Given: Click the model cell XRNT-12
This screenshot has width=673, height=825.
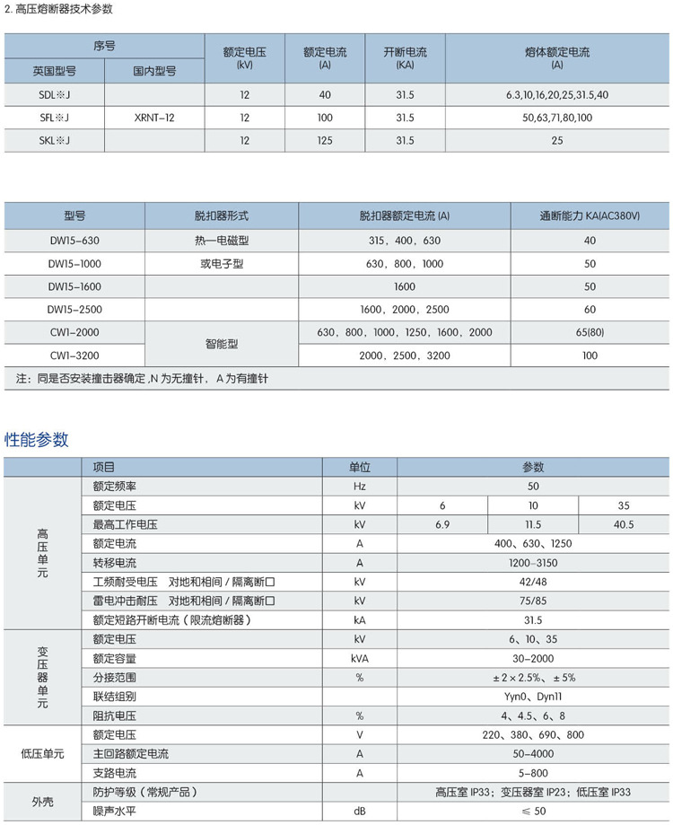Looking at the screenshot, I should (x=154, y=118).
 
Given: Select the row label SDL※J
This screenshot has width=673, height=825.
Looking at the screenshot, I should (x=55, y=94).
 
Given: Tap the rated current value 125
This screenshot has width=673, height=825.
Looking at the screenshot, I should (x=324, y=141).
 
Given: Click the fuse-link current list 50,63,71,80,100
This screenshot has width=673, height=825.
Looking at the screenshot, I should (x=557, y=118).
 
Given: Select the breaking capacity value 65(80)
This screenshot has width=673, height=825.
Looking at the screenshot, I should (x=590, y=332).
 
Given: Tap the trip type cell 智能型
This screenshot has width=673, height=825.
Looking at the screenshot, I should (x=222, y=344).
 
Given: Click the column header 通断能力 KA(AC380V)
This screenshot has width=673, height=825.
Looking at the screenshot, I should (x=590, y=216).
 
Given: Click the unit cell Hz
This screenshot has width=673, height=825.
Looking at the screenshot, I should (x=359, y=487).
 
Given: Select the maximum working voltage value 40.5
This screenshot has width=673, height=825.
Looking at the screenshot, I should (x=624, y=524).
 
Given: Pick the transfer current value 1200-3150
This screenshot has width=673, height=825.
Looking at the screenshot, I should (x=533, y=563).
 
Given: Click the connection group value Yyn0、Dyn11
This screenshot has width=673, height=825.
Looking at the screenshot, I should (x=533, y=697).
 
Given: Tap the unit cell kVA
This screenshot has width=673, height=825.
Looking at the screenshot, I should (x=359, y=658).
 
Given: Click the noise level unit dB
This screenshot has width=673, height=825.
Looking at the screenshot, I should (x=359, y=812).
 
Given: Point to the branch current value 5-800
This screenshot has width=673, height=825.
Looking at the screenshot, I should (x=533, y=773).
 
